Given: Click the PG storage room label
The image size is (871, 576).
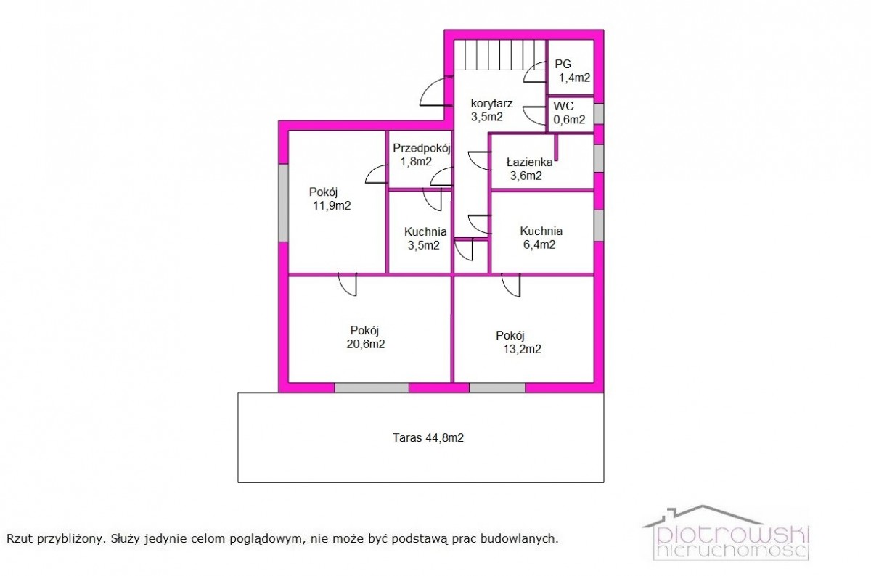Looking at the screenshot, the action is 573,71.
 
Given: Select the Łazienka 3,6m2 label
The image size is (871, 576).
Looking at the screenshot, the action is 529,169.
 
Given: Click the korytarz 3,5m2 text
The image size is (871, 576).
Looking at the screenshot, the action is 491,110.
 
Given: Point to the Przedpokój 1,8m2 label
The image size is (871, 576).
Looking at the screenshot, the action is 422,155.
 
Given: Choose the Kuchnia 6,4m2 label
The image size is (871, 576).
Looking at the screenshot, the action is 541,238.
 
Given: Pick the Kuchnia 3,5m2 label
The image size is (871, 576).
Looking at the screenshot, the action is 425,239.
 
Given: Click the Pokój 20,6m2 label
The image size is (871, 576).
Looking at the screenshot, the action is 366,337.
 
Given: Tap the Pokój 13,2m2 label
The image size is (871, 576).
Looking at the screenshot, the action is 518,342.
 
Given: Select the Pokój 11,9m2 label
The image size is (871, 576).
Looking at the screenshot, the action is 330,199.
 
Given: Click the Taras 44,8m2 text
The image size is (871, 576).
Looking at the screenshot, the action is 428,438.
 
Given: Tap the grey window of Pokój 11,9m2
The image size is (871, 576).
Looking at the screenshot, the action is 284,202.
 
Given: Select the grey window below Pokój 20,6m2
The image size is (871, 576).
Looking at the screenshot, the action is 372,387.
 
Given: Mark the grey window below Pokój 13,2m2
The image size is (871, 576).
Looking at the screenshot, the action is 497,387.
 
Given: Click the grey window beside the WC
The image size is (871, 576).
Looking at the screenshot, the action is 599,114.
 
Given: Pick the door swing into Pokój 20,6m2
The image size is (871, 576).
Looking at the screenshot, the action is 348,285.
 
